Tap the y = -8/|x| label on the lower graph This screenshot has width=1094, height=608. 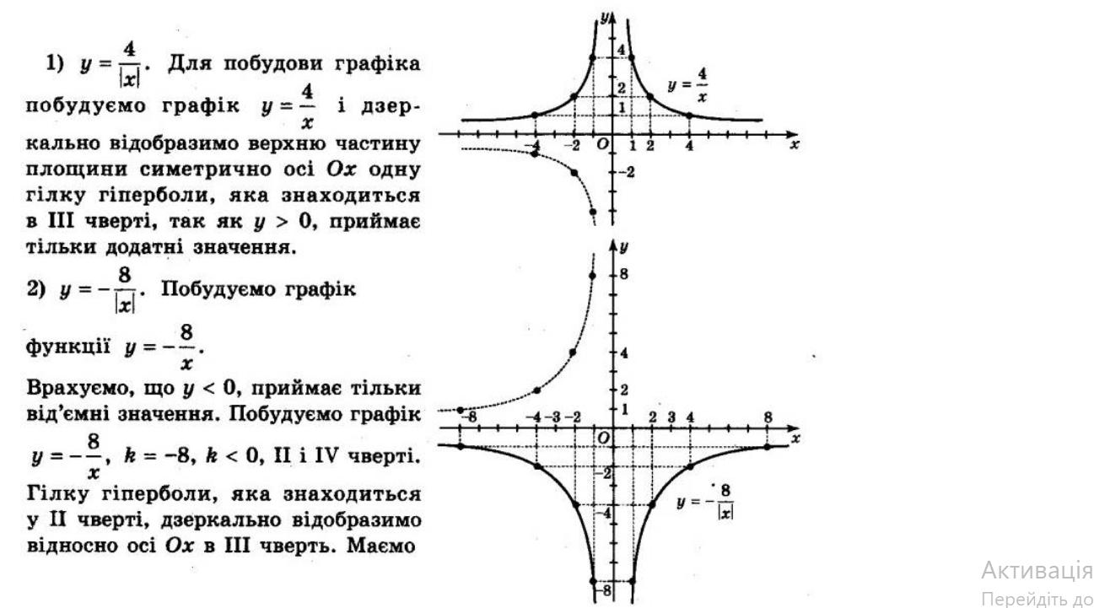(x=705, y=504)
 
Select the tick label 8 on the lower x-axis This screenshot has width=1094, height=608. (x=768, y=417)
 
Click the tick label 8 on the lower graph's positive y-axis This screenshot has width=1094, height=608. (x=624, y=274)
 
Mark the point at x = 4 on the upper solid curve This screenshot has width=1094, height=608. (x=690, y=115)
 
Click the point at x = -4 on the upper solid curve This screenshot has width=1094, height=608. (x=536, y=115)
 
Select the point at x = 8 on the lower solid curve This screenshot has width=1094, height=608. (x=768, y=446)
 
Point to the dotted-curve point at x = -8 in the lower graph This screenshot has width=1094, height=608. (x=460, y=410)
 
